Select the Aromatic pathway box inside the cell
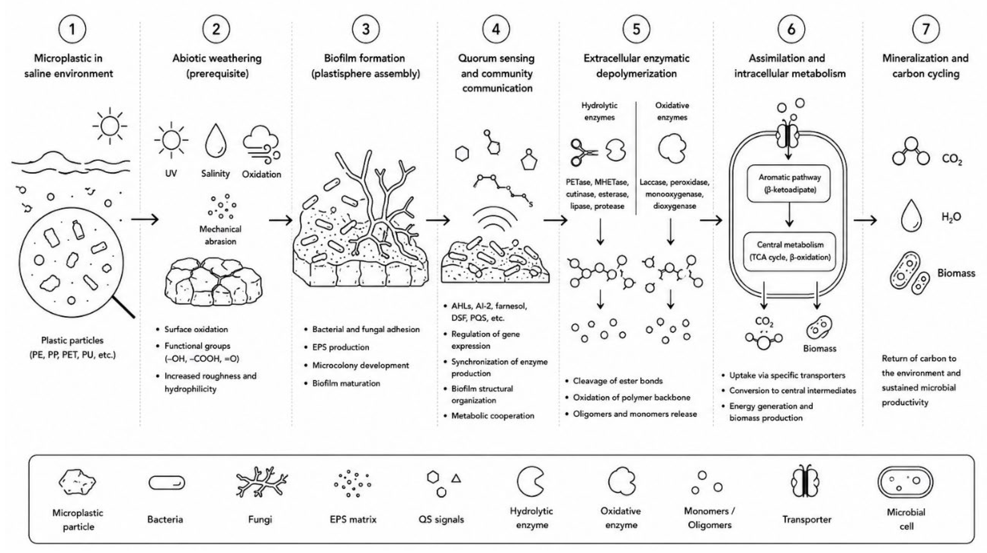click(x=789, y=183)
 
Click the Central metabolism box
click(x=789, y=251)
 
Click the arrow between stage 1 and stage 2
click(x=145, y=220)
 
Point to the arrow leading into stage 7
click(x=865, y=220)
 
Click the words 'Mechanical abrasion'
click(x=220, y=235)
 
